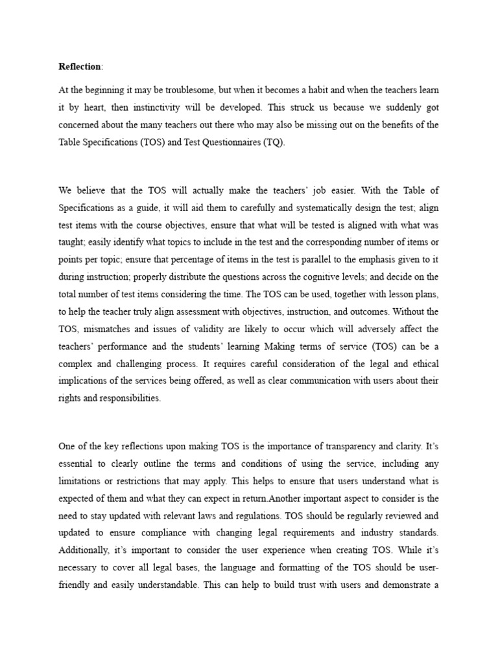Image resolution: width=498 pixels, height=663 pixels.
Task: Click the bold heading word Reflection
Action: point(79,67)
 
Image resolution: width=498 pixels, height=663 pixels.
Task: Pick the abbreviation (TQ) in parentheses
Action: point(273,141)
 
